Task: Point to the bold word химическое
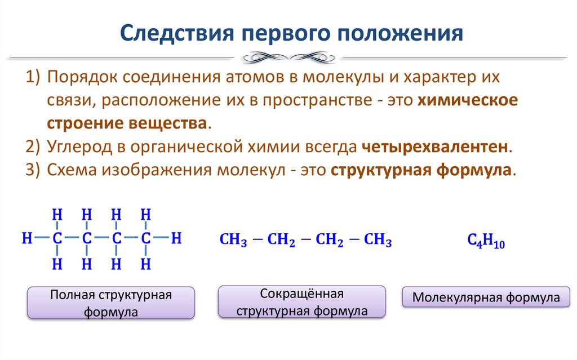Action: click(468, 100)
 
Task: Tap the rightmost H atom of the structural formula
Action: click(176, 238)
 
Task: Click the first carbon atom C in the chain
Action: click(57, 238)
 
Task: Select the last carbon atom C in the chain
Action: click(145, 238)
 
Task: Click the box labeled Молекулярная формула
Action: click(486, 297)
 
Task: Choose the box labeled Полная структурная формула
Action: click(111, 304)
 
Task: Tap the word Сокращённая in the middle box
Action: click(302, 294)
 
